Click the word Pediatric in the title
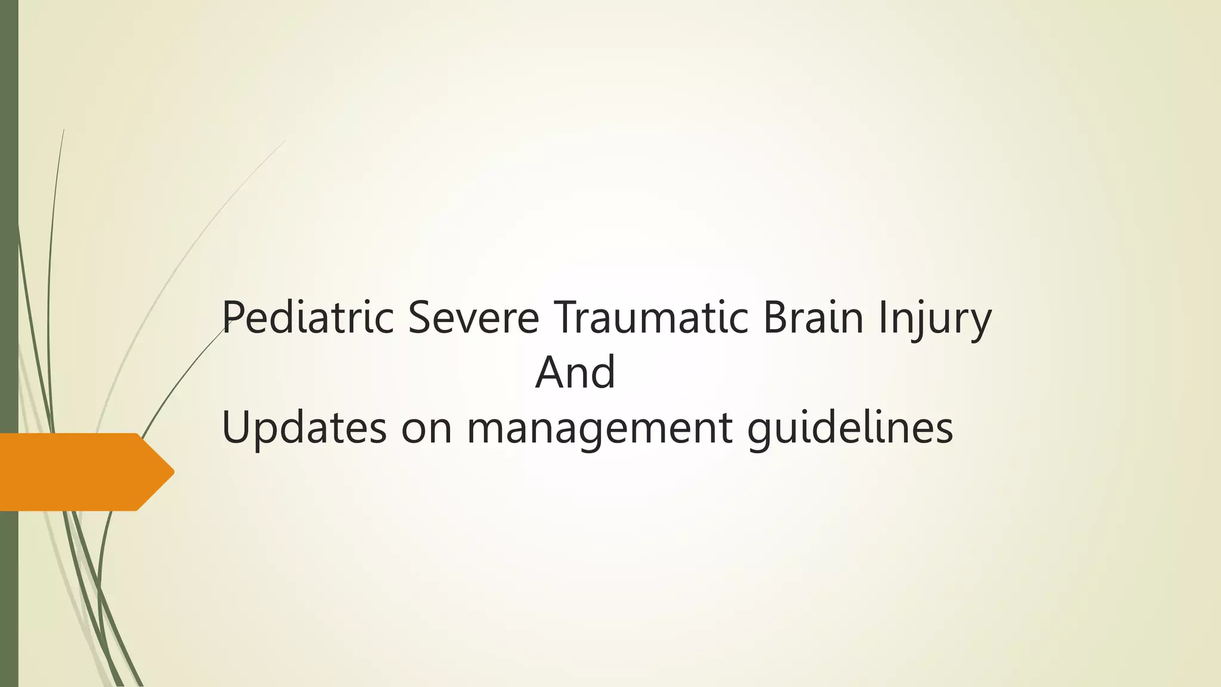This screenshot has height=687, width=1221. click(x=308, y=318)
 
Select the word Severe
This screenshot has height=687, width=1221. click(x=474, y=318)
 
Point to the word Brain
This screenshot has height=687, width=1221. click(x=813, y=318)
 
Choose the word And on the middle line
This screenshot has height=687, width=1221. click(x=575, y=373)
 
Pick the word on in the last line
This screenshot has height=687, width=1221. click(x=426, y=429)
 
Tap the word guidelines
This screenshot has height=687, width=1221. click(x=850, y=429)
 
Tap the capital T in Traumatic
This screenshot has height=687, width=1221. click(x=565, y=318)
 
